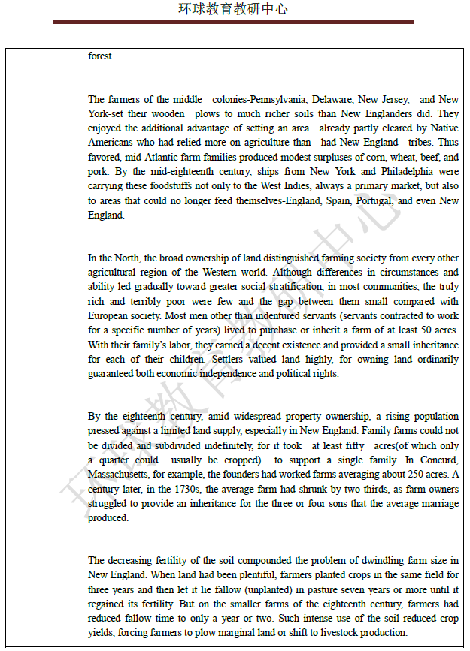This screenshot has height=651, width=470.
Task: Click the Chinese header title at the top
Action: coord(233,9)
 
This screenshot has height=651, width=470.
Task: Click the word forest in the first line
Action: coord(100,56)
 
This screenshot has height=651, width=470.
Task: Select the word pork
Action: coord(98,172)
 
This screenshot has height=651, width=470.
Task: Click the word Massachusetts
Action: coord(120,475)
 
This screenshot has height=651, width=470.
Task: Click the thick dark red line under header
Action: coord(233,22)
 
